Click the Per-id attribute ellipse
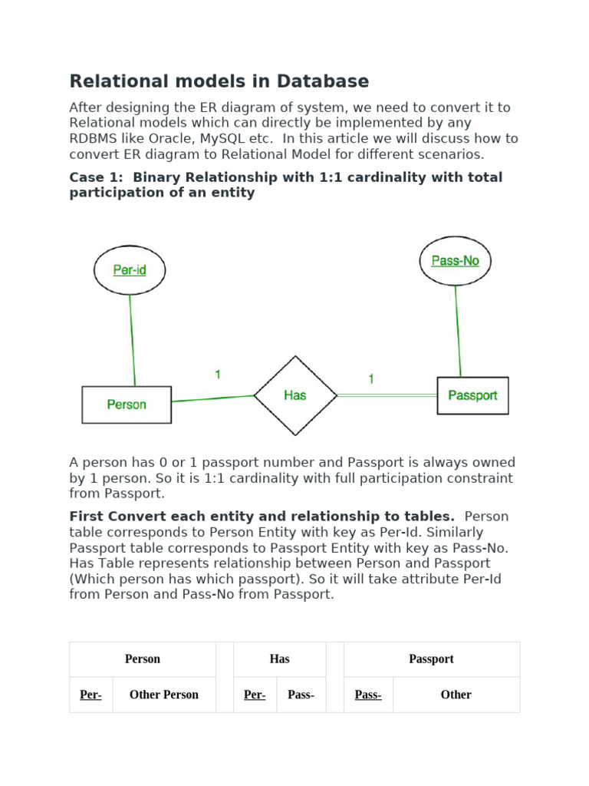pyautogui.click(x=129, y=270)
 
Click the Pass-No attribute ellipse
pyautogui.click(x=455, y=261)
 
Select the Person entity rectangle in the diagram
pyautogui.click(x=127, y=405)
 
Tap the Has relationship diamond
pyautogui.click(x=295, y=395)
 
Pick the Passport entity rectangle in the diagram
pyautogui.click(x=472, y=395)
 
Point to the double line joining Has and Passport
pyautogui.click(x=387, y=395)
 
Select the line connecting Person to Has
pyautogui.click(x=212, y=398)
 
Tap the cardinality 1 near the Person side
pyautogui.click(x=218, y=375)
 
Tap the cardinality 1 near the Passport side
pyautogui.click(x=371, y=378)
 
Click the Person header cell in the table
pyautogui.click(x=143, y=659)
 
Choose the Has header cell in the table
pyautogui.click(x=279, y=659)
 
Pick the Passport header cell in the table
pyautogui.click(x=431, y=659)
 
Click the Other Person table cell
pyautogui.click(x=164, y=695)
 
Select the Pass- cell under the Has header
pyautogui.click(x=301, y=695)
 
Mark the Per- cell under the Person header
pyautogui.click(x=90, y=695)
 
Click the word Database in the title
pyautogui.click(x=325, y=81)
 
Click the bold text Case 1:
pyautogui.click(x=97, y=177)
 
